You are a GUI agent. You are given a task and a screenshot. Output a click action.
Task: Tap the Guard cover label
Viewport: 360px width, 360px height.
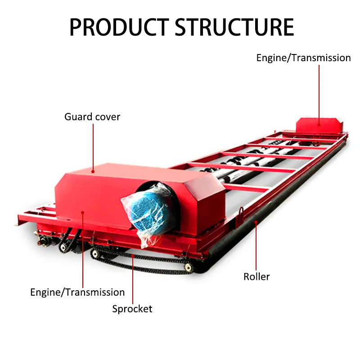click(x=92, y=117)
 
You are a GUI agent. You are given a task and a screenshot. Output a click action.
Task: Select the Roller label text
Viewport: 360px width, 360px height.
click(x=256, y=276)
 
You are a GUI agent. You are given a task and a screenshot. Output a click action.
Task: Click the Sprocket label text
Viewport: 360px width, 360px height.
click(x=132, y=309)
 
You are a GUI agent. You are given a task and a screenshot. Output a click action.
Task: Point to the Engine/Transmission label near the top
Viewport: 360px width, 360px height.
click(x=303, y=58)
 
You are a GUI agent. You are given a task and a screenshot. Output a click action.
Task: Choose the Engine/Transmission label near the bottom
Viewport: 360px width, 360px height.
click(x=77, y=292)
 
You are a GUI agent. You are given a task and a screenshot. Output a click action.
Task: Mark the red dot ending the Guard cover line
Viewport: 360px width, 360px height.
click(x=93, y=171)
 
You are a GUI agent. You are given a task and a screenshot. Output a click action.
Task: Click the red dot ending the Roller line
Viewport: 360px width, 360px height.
click(x=256, y=221)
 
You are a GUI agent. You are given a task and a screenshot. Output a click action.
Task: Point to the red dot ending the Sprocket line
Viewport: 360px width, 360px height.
click(x=133, y=257)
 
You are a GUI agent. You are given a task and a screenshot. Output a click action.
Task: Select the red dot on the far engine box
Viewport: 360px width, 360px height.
click(x=319, y=125)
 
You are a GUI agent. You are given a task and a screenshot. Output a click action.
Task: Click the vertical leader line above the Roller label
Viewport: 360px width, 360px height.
click(x=256, y=245)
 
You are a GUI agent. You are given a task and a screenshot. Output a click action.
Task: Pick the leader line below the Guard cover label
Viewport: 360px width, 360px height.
click(x=93, y=146)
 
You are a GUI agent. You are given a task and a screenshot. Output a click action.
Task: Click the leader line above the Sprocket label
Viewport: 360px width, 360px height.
click(x=133, y=279)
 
